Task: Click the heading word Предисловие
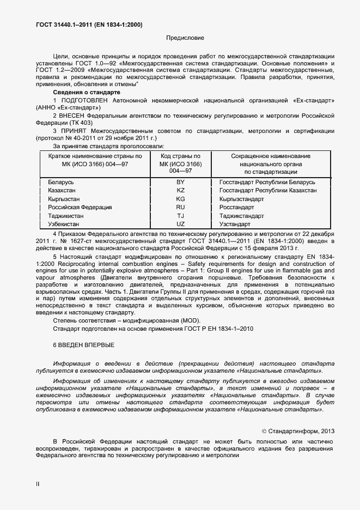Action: (185, 38)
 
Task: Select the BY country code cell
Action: (180, 181)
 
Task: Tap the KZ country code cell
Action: (180, 190)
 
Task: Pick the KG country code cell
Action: (180, 199)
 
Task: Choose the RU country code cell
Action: (180, 207)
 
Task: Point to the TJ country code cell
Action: (180, 216)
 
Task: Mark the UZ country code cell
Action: (180, 224)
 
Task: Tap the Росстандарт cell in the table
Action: (236, 207)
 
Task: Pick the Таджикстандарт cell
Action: (242, 216)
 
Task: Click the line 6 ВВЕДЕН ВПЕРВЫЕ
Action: (83, 345)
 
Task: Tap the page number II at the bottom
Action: (38, 483)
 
